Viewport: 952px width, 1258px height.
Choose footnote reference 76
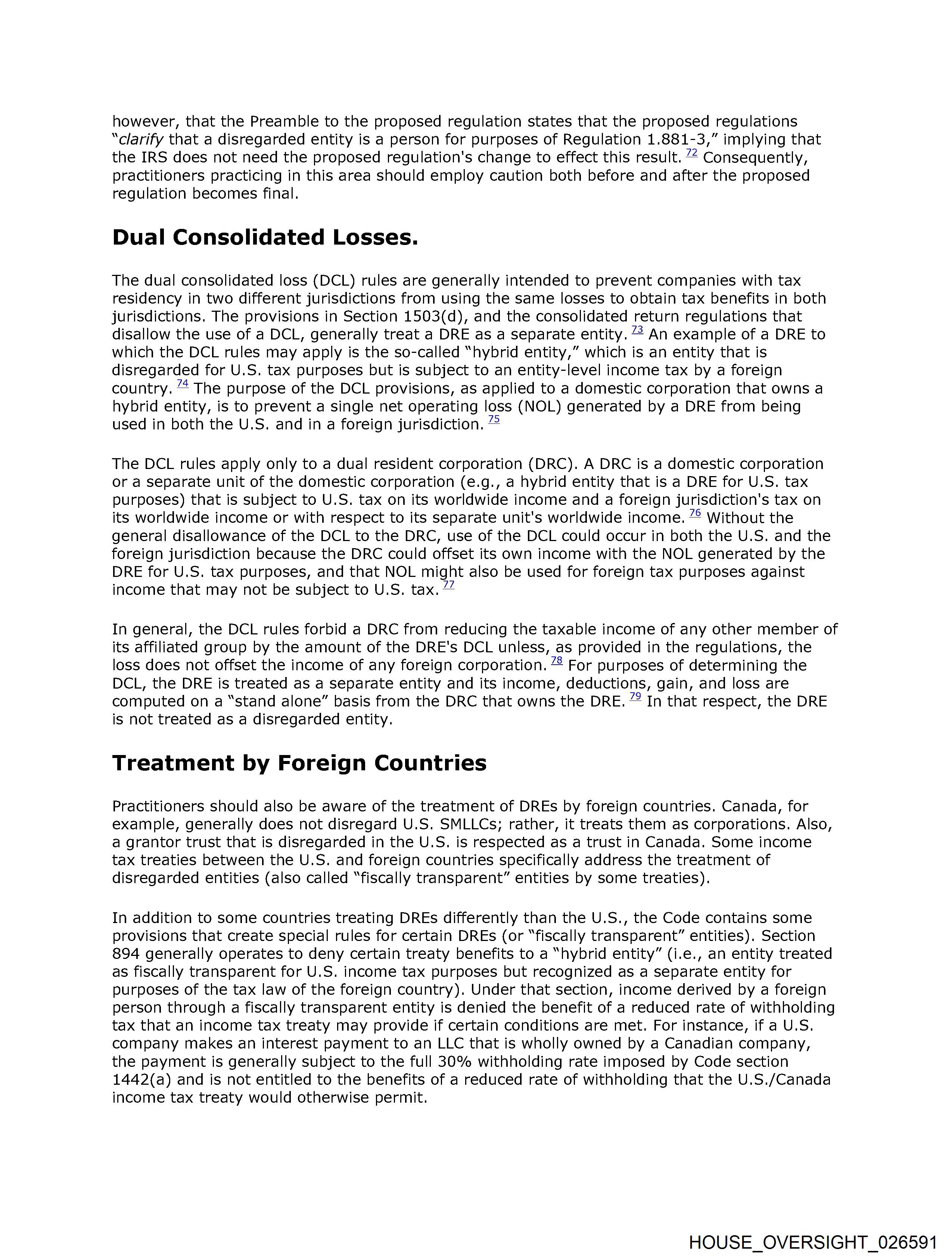pos(695,513)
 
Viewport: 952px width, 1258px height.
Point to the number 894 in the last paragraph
pos(126,954)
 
